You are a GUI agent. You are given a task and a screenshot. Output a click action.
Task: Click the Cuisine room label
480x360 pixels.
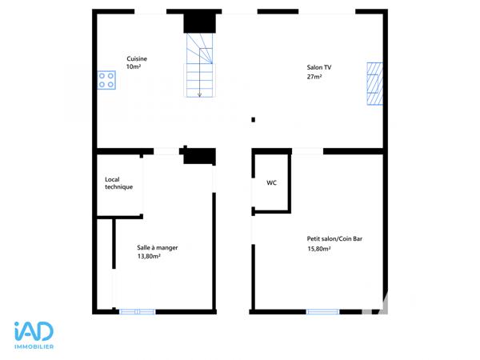click(137, 58)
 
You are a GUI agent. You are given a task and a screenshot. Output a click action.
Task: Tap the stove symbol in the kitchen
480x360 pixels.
click(106, 80)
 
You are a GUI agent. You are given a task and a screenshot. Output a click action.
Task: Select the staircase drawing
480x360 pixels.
click(201, 64)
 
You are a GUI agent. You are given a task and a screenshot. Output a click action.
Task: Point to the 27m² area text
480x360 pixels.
click(314, 78)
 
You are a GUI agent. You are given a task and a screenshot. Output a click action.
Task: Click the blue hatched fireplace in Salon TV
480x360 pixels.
click(374, 83)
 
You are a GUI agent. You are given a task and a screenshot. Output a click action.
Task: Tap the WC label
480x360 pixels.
click(271, 182)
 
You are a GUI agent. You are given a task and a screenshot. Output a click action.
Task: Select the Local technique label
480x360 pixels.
click(118, 183)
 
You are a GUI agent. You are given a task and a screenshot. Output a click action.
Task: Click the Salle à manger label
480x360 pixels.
click(158, 247)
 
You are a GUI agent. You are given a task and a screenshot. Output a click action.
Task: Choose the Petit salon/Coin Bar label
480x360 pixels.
click(334, 238)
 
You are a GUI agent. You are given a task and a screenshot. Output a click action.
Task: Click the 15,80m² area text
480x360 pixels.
click(319, 249)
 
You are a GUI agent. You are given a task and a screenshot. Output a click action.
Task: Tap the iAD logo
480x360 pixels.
click(34, 332)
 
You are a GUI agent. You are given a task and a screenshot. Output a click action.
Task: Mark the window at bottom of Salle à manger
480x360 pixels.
click(137, 310)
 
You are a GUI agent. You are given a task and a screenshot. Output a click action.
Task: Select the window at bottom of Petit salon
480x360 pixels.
click(322, 310)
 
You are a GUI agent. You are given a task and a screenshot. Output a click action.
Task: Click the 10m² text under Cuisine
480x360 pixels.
click(134, 68)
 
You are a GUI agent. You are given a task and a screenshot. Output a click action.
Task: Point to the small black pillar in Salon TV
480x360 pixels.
click(253, 120)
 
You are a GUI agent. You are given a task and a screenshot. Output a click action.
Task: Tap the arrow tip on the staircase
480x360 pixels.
click(199, 95)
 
